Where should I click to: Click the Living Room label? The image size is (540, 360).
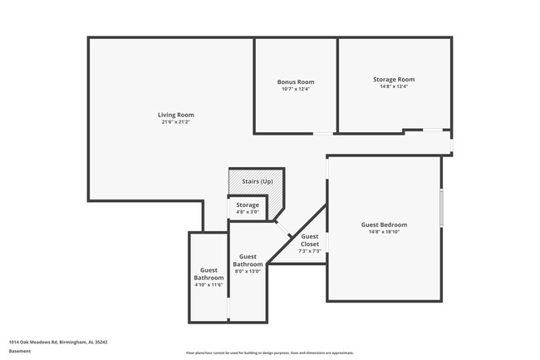tap(175, 115)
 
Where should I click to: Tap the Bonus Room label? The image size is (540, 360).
tap(295, 81)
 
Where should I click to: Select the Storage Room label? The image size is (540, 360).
tap(393, 79)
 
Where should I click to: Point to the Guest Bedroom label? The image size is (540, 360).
tap(383, 224)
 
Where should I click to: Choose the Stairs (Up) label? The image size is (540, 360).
tap(257, 181)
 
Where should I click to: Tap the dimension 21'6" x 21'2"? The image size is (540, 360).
tap(175, 122)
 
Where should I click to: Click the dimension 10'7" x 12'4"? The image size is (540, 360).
tap(295, 89)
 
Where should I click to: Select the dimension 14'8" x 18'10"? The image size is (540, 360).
tap(383, 232)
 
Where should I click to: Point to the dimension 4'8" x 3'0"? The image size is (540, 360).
tap(247, 212)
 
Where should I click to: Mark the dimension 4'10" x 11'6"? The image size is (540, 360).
tap(209, 285)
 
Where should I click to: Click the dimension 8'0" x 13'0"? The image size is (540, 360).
tap(248, 271)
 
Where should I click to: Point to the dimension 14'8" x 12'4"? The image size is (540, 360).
tap(393, 86)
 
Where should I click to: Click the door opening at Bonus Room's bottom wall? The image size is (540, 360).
tap(323, 133)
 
